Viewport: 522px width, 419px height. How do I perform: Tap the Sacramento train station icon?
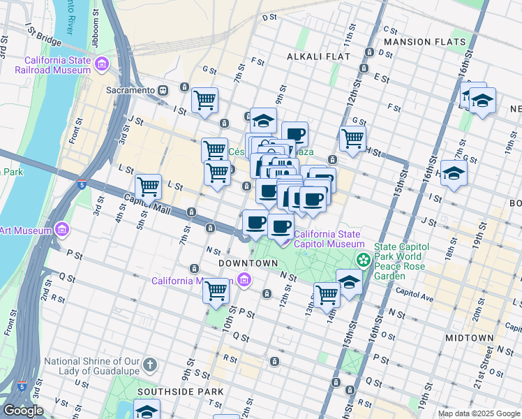[x=163, y=90]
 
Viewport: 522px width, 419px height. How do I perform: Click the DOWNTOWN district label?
[x=248, y=263]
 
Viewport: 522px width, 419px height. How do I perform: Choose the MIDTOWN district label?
[x=469, y=337]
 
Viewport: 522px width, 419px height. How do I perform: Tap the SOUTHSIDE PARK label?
[x=180, y=392]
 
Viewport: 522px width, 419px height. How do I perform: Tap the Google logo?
[x=23, y=411]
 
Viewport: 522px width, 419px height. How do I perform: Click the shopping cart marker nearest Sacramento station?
[x=204, y=100]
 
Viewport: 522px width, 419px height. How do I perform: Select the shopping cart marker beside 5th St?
[x=149, y=186]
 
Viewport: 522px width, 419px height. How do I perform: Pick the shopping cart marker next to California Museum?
[x=216, y=290]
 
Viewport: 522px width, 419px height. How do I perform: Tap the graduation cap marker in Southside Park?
[x=147, y=411]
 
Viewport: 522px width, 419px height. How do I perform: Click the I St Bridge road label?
[x=43, y=31]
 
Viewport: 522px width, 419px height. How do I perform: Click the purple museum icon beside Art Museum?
[x=62, y=229]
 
